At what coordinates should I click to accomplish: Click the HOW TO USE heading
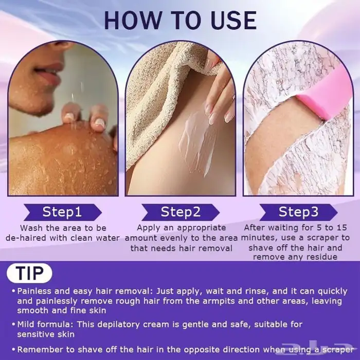181,20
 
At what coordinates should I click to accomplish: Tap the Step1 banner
62,212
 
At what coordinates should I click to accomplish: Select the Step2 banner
181,212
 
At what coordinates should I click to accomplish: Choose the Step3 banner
298,212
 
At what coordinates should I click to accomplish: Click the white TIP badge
29,273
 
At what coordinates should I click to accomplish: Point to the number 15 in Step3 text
341,227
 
